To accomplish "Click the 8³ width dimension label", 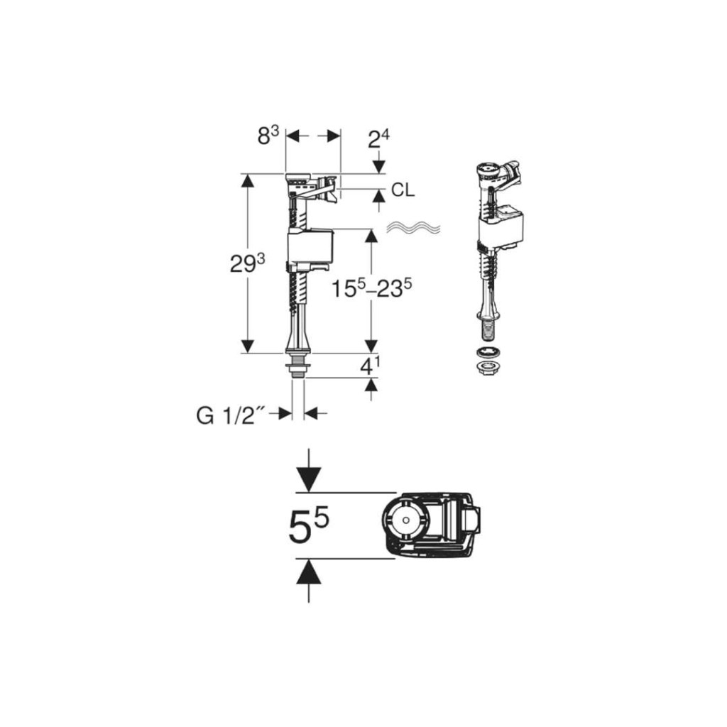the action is coord(268,136).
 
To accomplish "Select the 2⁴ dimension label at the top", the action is coord(378,138).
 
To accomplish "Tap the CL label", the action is coord(403,190).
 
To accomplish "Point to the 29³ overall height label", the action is coord(248,264).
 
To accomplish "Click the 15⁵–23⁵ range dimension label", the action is coord(372,290).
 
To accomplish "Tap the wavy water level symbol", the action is coord(413,227).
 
